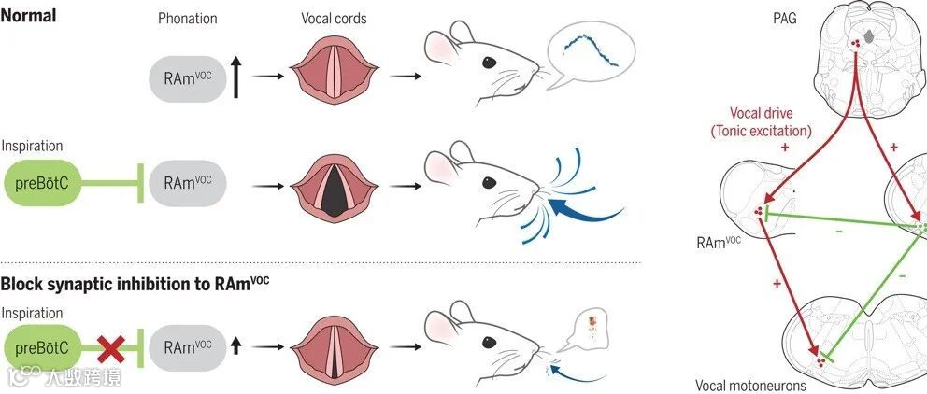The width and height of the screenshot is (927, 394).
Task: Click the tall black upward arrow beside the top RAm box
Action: [x=238, y=76]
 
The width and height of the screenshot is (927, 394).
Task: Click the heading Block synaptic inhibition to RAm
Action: [x=135, y=284]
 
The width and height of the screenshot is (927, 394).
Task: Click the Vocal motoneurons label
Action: [x=749, y=384]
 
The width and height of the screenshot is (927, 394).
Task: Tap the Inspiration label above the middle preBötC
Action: [x=34, y=147]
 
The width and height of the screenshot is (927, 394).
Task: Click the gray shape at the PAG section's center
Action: [x=872, y=36]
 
